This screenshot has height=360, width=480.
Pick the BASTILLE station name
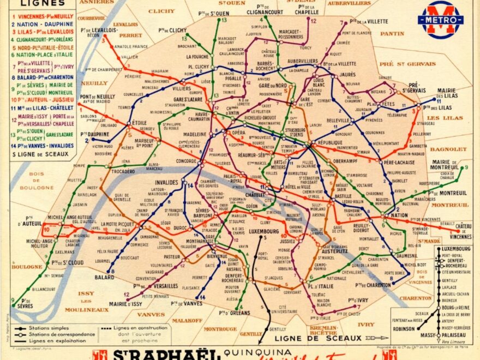pos(344,195)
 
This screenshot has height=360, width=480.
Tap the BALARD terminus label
pos(104,277)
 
